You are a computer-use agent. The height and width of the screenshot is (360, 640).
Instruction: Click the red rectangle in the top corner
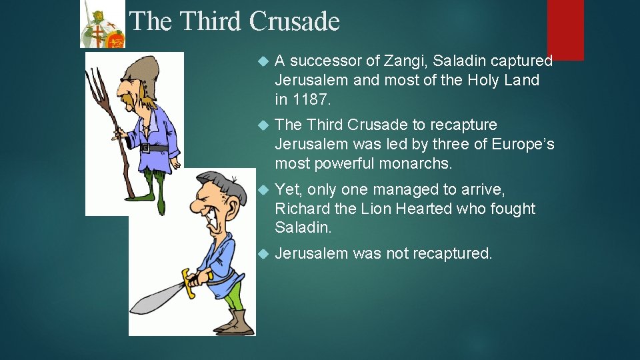click(x=565, y=29)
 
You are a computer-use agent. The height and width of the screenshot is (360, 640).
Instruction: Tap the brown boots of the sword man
click(x=235, y=323)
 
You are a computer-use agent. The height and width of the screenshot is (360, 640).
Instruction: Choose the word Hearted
click(x=425, y=209)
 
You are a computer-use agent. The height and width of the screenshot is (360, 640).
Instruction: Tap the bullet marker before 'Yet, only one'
click(x=262, y=190)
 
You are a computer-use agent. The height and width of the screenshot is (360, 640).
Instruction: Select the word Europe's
click(x=523, y=144)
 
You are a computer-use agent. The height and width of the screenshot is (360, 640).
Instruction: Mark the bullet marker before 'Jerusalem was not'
click(x=262, y=254)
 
